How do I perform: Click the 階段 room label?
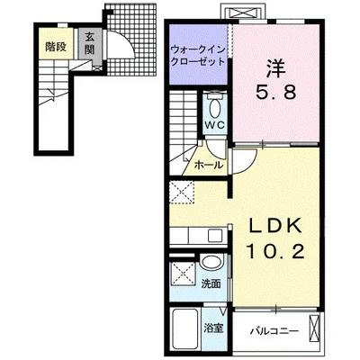pyautogui.click(x=56, y=47)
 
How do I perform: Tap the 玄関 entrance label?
pyautogui.click(x=89, y=42)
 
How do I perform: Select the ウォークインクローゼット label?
pyautogui.click(x=198, y=55)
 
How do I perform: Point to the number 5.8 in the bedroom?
pyautogui.click(x=275, y=92)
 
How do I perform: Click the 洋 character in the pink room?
pyautogui.click(x=275, y=68)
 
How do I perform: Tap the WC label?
pyautogui.click(x=214, y=125)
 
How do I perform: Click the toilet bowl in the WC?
pyautogui.click(x=214, y=109)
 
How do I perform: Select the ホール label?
pyautogui.click(x=209, y=165)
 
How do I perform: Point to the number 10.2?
pyautogui.click(x=275, y=252)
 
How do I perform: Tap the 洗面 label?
pyautogui.click(x=211, y=283)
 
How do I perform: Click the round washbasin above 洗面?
pyautogui.click(x=212, y=262)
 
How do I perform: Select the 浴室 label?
pyautogui.click(x=213, y=328)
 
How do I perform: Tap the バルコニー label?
pyautogui.click(x=274, y=331)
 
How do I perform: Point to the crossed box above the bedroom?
pyautogui.click(x=242, y=13)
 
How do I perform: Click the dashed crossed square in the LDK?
pyautogui.click(x=182, y=193)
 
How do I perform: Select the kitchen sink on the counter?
pyautogui.click(x=215, y=236)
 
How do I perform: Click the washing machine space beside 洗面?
pyautogui.click(x=183, y=274)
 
